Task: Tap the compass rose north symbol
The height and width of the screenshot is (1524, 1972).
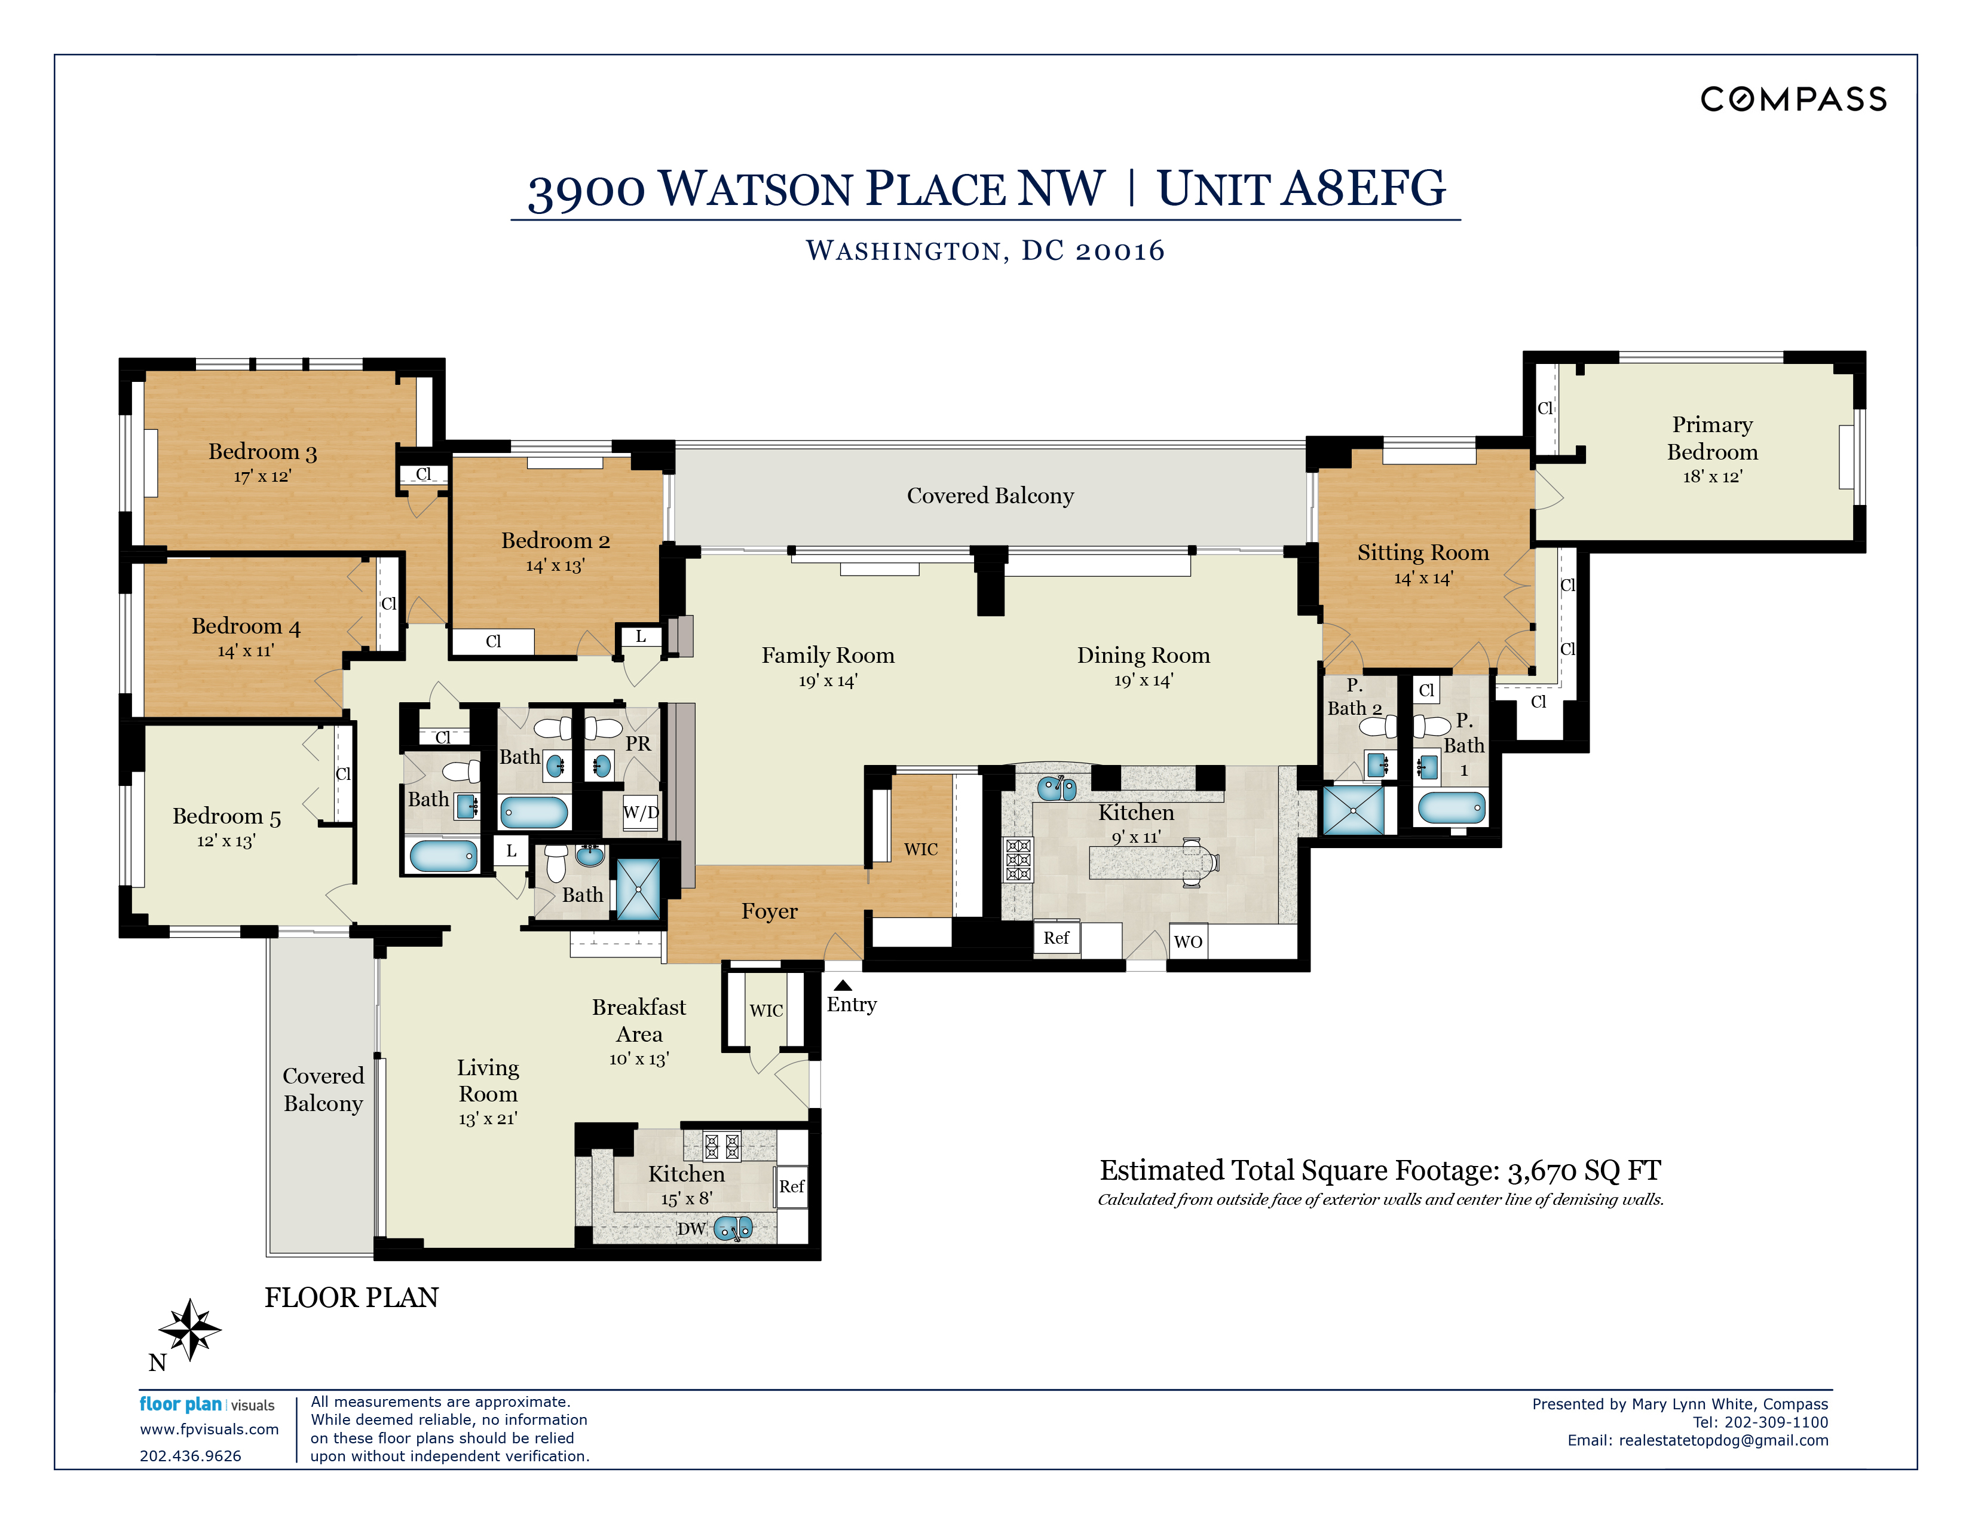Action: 189,1329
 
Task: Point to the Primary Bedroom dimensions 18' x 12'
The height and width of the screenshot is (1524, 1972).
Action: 1712,477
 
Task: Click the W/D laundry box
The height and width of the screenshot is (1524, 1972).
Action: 640,812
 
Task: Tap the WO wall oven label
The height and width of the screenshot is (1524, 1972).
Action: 1187,942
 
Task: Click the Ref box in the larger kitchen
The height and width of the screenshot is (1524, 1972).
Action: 1055,938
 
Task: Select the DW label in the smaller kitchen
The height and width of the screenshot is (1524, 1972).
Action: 691,1229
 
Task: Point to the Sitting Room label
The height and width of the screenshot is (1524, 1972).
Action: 1422,553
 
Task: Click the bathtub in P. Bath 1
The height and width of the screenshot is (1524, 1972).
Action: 1451,807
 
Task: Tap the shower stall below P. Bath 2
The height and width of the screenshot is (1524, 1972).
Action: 1352,810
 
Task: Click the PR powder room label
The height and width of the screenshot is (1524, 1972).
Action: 638,743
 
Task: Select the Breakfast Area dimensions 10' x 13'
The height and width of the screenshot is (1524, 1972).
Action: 638,1059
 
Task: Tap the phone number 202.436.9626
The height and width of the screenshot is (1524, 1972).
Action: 191,1455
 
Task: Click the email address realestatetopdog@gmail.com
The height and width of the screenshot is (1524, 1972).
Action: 1723,1440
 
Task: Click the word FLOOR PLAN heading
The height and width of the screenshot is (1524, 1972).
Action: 351,1297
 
